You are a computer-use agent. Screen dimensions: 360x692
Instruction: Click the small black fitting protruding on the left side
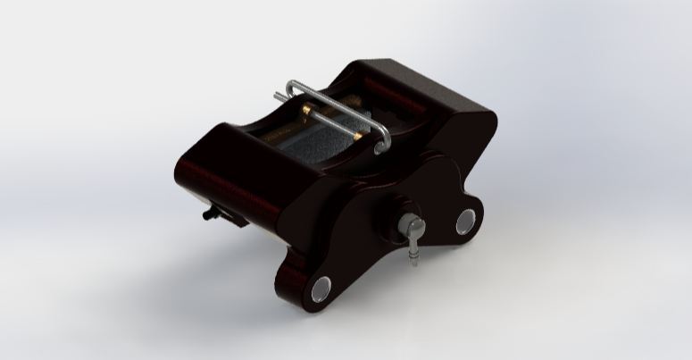(212, 214)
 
